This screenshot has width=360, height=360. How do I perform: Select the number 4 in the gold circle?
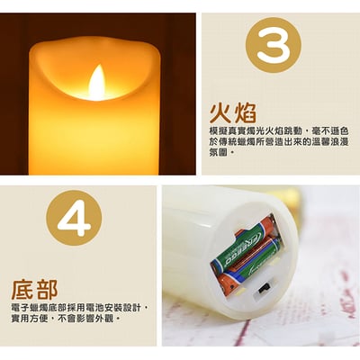74,216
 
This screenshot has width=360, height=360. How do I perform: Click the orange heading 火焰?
233,113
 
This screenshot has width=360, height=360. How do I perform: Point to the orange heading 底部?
34,290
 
